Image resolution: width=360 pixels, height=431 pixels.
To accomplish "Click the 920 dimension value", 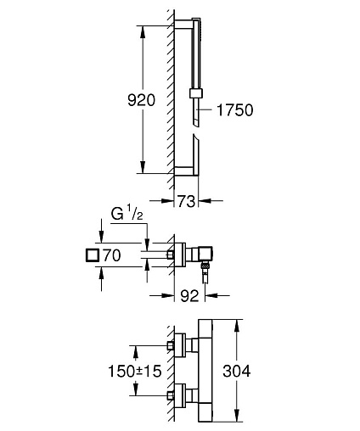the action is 141,100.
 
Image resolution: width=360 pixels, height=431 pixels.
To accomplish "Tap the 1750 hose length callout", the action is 234,109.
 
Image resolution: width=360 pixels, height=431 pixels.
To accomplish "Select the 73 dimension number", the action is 186,201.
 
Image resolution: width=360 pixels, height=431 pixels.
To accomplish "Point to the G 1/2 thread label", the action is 127,215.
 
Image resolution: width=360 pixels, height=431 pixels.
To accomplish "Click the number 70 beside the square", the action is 112,255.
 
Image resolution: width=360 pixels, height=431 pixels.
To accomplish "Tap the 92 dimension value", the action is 189,296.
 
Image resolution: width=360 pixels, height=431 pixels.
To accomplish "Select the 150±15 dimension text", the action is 135,371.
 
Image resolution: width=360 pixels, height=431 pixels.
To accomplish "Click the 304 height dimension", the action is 236,371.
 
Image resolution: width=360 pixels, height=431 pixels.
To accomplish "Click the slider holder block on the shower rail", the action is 196,93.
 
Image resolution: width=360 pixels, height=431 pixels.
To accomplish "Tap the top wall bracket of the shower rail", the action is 183,24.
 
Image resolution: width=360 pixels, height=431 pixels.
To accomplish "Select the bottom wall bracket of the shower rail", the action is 183,171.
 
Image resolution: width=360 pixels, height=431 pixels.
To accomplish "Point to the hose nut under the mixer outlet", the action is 205,266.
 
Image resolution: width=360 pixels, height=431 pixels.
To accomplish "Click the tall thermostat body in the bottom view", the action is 205,371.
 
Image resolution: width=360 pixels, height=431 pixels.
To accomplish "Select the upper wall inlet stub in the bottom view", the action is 171,345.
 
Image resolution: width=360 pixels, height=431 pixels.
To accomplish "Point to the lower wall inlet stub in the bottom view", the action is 171,395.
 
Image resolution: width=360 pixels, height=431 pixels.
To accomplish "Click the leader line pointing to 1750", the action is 205,109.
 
